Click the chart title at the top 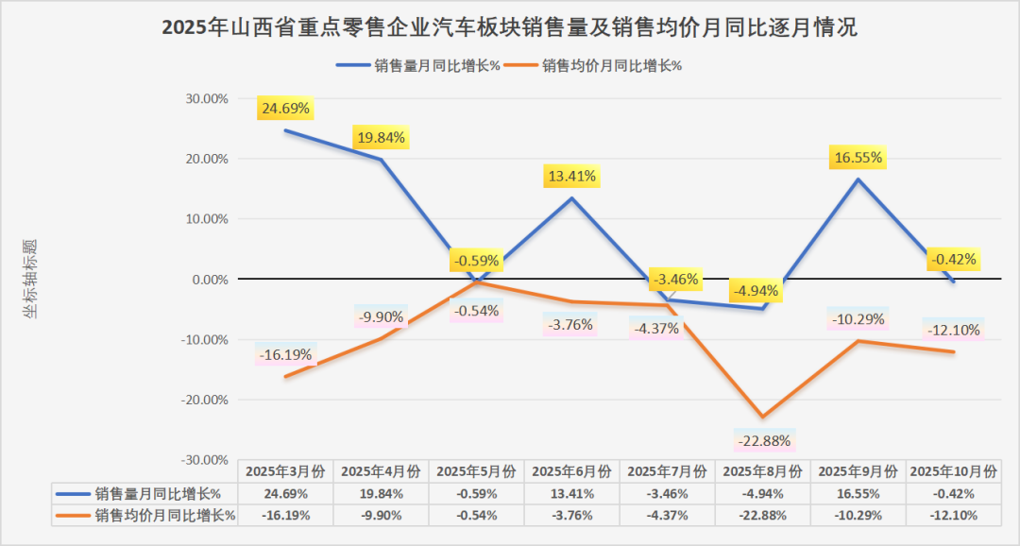(509, 27)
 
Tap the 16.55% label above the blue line (858, 158)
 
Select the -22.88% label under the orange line (765, 441)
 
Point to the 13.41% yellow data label (570, 176)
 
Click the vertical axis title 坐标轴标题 (31, 279)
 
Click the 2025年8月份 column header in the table (763, 470)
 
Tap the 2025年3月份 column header (286, 470)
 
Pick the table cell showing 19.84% (382, 493)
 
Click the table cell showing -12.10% (953, 516)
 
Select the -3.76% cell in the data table (572, 516)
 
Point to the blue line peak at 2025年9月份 (858, 179)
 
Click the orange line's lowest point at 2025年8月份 (763, 417)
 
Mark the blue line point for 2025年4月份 (382, 160)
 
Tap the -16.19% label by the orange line (284, 355)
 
